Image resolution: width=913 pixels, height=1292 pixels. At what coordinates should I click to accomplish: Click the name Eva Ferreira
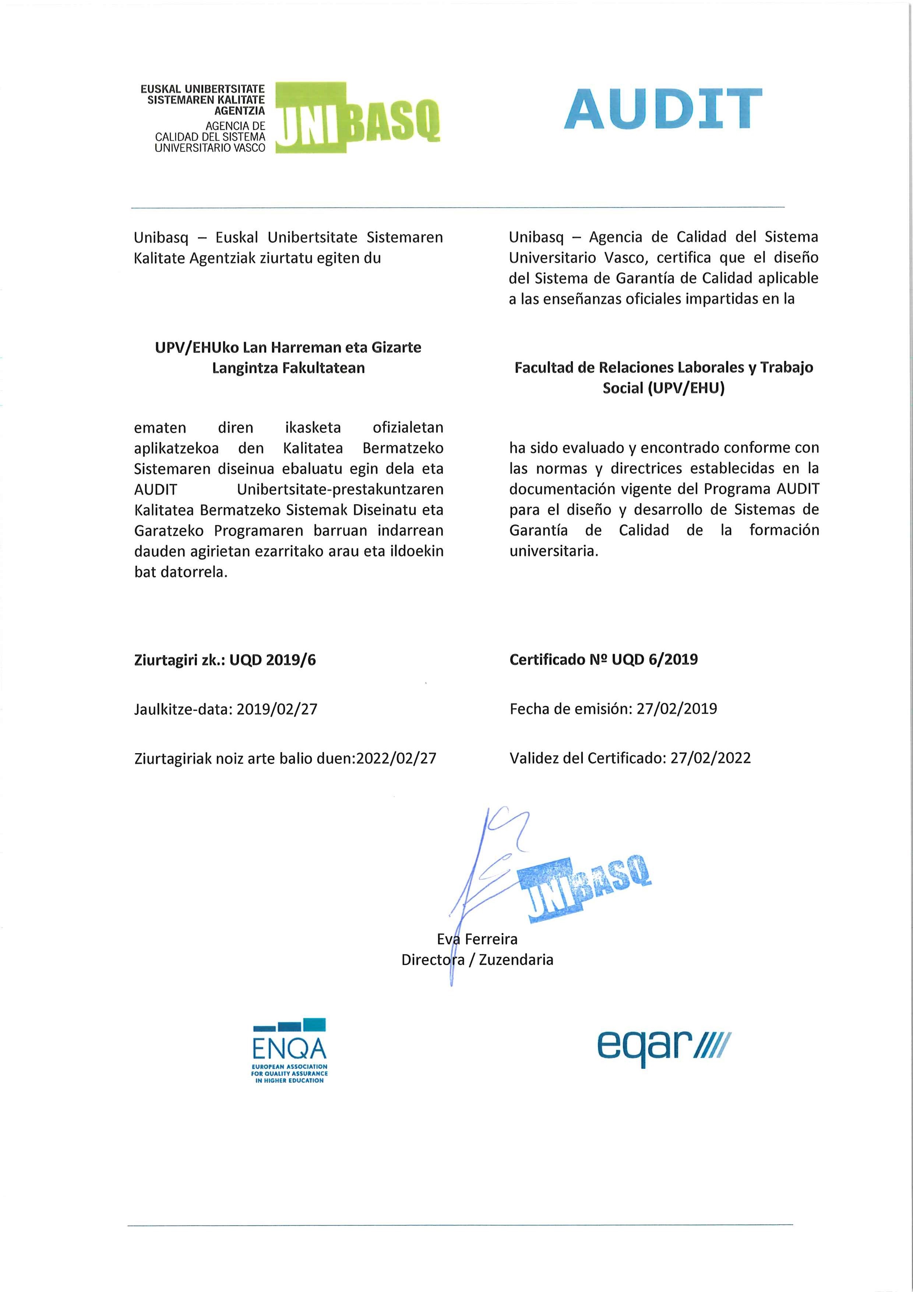click(x=477, y=939)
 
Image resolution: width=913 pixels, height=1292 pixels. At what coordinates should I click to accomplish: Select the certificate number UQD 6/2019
click(x=655, y=660)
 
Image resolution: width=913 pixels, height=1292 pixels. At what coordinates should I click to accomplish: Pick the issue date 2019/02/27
click(x=277, y=709)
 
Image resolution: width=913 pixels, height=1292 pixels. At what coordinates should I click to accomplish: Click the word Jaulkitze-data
click(x=182, y=709)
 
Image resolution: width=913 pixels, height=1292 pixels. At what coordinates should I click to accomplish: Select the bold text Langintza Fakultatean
click(x=289, y=368)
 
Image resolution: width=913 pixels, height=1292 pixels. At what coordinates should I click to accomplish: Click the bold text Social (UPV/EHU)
click(x=663, y=388)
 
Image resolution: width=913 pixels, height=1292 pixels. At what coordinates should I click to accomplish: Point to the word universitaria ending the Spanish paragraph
click(x=554, y=551)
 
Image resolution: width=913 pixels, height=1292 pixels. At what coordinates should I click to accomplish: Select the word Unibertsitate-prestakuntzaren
click(x=340, y=489)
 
